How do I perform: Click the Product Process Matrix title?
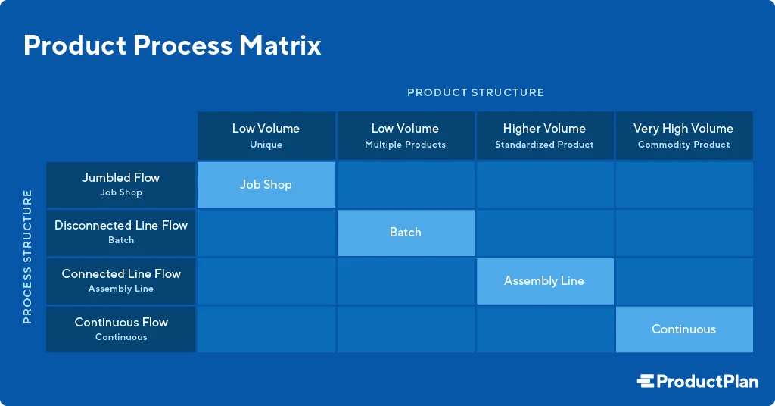click(173, 45)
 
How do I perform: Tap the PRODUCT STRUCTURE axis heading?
click(475, 92)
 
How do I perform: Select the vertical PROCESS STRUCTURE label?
click(27, 257)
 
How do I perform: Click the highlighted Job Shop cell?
click(266, 185)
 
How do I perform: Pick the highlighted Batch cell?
click(406, 233)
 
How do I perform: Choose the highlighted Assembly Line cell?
click(544, 281)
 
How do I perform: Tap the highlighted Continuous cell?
click(684, 329)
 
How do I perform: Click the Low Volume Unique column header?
click(266, 136)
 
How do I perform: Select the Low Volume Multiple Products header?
click(406, 136)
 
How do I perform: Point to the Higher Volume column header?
click(544, 136)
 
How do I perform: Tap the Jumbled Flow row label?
click(121, 184)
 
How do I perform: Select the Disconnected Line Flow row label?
click(121, 232)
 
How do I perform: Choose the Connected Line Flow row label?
click(121, 280)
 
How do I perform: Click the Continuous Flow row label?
click(121, 329)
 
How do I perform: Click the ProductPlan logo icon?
click(646, 382)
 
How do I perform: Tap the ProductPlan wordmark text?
click(707, 382)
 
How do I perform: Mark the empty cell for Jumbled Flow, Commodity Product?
click(684, 185)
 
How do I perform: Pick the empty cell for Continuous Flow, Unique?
click(266, 329)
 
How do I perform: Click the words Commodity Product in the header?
click(684, 145)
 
